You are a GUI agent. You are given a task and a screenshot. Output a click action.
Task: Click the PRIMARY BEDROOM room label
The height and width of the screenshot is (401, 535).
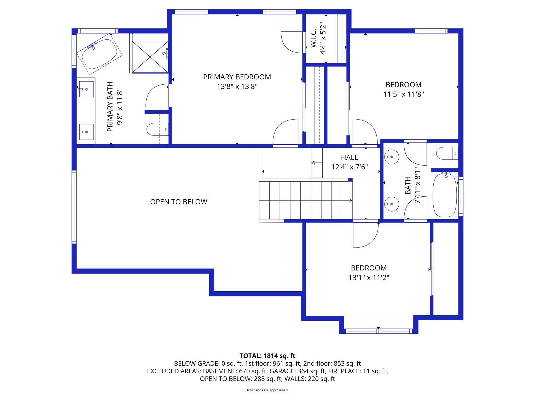coord(237,77)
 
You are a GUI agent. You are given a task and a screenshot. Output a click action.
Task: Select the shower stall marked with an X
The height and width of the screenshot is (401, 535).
coord(150,57)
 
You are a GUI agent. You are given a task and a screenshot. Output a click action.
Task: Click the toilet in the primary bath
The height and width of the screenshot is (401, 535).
coord(157,129)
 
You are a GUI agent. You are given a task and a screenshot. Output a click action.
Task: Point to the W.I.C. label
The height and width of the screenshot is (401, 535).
coord(313,38)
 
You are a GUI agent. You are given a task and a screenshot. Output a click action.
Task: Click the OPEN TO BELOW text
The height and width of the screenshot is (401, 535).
coord(179,202)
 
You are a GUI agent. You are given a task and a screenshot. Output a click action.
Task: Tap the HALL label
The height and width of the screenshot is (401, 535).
coord(349,157)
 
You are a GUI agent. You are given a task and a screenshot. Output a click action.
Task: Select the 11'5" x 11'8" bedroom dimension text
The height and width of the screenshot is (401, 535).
coord(403,94)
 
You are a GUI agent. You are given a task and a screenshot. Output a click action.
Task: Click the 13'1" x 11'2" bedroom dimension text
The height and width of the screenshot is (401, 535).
coord(369,278)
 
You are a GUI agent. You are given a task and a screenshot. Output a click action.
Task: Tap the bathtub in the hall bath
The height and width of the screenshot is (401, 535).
coord(445,195)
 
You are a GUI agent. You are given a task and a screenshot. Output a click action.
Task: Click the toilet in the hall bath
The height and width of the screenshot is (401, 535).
coord(447,153)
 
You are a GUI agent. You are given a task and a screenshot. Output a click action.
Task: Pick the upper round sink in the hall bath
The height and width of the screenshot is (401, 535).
coord(391,157)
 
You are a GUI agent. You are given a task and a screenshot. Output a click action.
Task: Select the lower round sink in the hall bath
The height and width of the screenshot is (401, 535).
coord(391,204)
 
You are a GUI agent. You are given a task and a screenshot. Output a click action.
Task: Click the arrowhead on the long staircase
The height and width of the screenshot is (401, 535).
coord(350,200)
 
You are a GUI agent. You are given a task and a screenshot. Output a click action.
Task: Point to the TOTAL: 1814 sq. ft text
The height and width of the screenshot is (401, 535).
coord(267,356)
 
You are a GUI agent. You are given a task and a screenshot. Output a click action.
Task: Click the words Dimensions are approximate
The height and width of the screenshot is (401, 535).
coord(267,390)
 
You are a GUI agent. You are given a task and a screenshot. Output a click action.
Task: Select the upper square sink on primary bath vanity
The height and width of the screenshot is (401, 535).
coord(86,89)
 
